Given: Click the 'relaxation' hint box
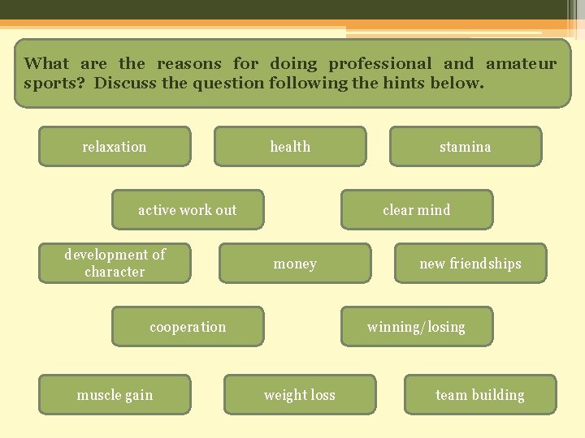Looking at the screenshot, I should click(115, 147).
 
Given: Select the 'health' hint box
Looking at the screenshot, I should click(290, 147).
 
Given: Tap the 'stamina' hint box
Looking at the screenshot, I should click(465, 147).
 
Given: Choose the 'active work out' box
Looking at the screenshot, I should click(187, 210).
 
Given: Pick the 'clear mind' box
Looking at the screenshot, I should click(416, 210).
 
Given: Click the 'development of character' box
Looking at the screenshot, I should click(115, 263).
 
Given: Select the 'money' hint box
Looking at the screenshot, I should click(295, 264).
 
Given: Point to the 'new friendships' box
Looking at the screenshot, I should click(470, 264).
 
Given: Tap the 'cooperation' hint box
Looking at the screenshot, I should click(188, 327).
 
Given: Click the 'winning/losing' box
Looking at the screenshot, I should click(416, 327).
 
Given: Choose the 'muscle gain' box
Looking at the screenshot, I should click(115, 395).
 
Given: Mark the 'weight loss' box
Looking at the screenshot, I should click(300, 395).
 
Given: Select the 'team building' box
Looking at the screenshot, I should click(480, 395).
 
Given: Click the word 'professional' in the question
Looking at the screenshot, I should click(380, 63).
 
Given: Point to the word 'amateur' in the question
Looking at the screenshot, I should click(521, 63).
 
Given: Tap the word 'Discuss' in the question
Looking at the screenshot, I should click(124, 83).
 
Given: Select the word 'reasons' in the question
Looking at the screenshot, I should click(189, 63).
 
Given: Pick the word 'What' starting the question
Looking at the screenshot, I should click(46, 63).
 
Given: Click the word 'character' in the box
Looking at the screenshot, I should click(115, 272).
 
